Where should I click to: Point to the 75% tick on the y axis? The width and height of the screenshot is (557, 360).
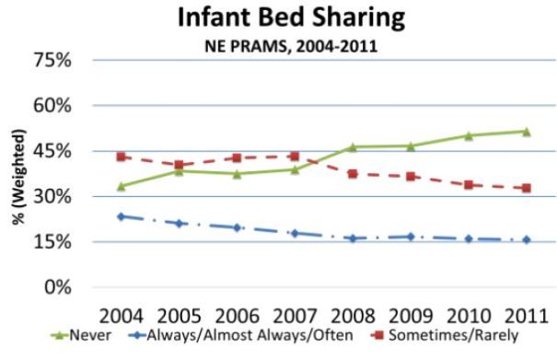[x=65, y=61]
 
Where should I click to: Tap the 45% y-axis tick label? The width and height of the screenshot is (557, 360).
[x=65, y=151]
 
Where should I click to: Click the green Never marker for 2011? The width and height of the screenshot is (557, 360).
[x=526, y=132]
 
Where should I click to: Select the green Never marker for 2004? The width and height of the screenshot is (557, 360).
[x=121, y=186]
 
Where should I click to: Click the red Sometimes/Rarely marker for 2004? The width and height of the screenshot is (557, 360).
[x=121, y=157]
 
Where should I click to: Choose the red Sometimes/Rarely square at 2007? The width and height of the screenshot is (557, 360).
[x=294, y=157]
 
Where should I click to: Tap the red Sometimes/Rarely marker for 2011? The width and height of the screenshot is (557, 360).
[x=526, y=188]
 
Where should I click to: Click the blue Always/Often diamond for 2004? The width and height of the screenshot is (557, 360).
[x=121, y=216]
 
